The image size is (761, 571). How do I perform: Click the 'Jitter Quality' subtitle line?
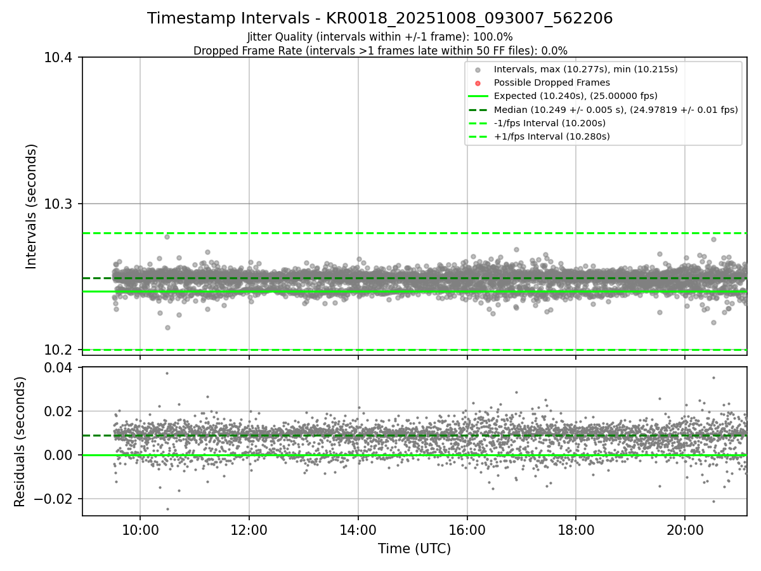pos(380,37)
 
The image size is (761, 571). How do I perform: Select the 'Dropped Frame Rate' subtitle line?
pos(380,51)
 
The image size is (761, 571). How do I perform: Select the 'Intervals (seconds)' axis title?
pos(32,206)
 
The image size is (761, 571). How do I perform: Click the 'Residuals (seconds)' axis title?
pos(20,442)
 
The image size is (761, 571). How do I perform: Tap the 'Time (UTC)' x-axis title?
pos(414,549)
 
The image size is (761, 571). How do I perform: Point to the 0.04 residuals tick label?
pos(60,367)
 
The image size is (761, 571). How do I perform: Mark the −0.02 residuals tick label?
pos(55,499)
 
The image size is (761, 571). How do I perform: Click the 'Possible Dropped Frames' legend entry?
pos(552,82)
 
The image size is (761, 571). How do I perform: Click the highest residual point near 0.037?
pos(167,373)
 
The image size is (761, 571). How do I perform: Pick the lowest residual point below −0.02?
pos(167,509)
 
